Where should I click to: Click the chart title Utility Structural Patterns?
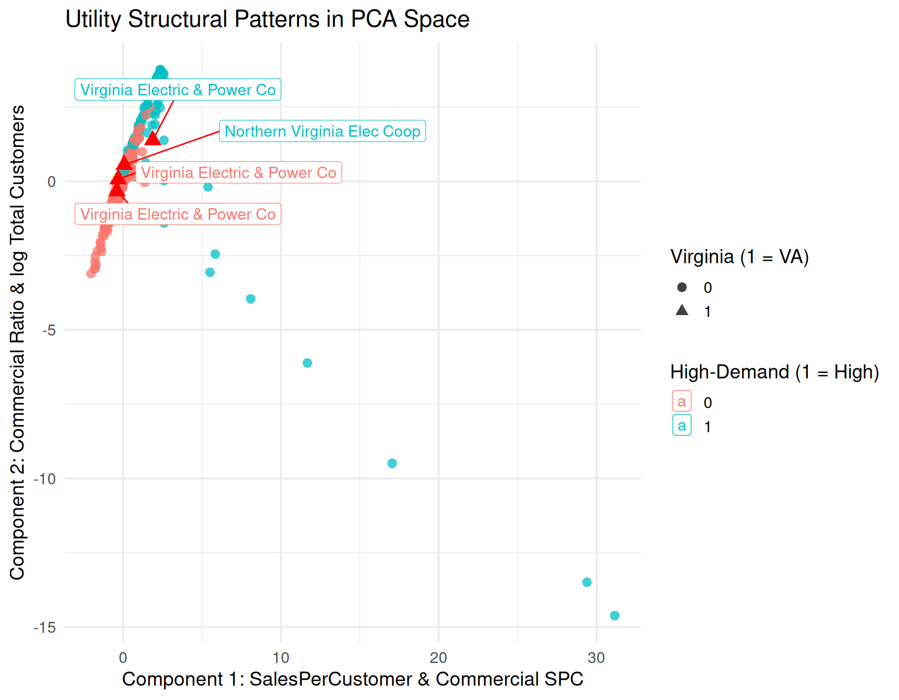[267, 19]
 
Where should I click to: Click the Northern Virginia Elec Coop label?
[323, 131]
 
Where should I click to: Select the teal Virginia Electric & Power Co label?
[178, 90]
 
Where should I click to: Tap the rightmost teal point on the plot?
[614, 616]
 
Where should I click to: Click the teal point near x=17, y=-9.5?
[392, 464]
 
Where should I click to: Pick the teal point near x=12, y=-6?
[307, 363]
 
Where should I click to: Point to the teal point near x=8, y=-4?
[251, 299]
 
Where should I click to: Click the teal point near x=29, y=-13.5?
[587, 582]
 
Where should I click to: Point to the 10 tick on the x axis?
[281, 658]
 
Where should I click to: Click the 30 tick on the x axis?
[596, 658]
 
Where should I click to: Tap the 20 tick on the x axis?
[439, 658]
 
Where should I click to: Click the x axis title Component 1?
[352, 679]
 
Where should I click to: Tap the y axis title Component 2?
[17, 342]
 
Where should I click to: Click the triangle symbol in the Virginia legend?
[682, 311]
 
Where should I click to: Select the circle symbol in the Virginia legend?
[682, 287]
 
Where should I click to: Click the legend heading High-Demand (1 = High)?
[774, 372]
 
